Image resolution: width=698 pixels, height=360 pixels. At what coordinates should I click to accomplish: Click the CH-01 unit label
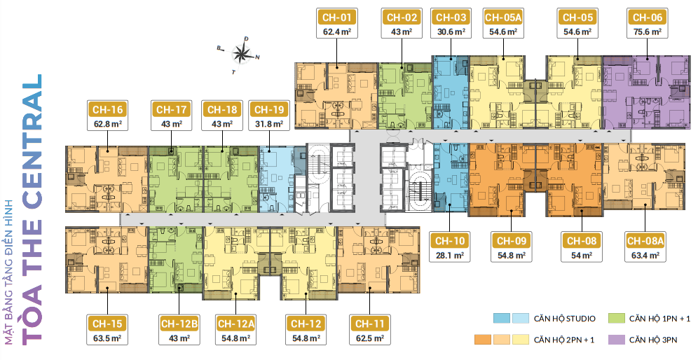[x=336, y=18]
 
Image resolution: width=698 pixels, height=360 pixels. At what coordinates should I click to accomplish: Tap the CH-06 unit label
[x=648, y=18]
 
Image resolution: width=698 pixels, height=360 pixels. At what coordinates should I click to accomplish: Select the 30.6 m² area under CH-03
[x=451, y=32]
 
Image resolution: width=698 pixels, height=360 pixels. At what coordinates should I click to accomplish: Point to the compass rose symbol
[x=241, y=54]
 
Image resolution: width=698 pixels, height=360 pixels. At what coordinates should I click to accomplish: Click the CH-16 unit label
[x=108, y=109]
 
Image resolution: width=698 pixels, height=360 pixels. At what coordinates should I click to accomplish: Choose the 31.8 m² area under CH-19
[x=268, y=124]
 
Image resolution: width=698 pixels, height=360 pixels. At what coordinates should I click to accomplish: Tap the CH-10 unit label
[x=450, y=241]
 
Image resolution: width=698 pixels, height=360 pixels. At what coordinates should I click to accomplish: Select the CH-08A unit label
[x=645, y=241]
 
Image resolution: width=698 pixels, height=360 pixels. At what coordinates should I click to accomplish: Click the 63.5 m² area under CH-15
[x=107, y=338]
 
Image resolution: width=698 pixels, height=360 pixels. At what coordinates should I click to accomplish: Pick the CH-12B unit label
[x=179, y=324]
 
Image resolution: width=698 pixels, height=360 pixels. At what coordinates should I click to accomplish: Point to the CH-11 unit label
[x=369, y=324]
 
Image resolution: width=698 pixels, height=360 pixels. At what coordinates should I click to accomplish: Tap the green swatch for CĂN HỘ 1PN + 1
[x=616, y=318]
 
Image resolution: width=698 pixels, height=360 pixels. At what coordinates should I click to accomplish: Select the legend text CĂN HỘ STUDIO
[x=564, y=319]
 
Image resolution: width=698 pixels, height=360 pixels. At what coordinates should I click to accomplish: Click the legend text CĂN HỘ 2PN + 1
[x=564, y=340]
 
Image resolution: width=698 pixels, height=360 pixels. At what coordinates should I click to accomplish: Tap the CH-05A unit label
[x=503, y=18]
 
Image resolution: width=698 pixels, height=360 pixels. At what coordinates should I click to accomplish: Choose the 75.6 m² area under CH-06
[x=648, y=32]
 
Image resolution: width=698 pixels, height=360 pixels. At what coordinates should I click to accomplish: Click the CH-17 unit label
[x=172, y=109]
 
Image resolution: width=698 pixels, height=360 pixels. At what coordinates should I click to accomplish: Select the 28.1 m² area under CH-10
[x=450, y=256]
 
